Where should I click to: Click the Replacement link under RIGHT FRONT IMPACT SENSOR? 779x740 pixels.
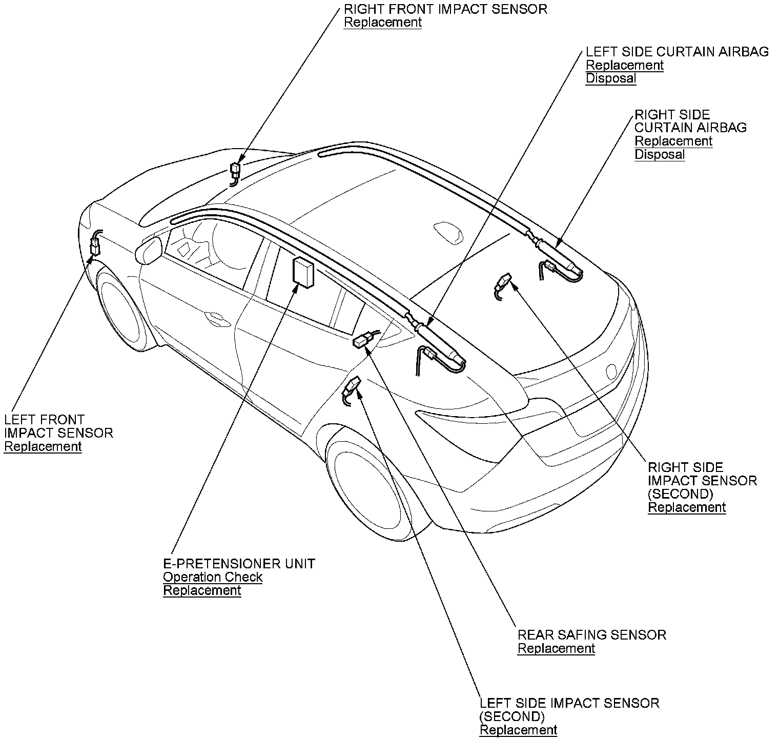point(382,23)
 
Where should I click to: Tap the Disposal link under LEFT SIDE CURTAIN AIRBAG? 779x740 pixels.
point(611,78)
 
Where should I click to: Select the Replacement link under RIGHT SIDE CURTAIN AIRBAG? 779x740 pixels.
point(673,141)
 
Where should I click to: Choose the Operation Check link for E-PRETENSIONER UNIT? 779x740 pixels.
point(213,577)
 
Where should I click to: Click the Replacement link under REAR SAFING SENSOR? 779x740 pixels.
point(556,648)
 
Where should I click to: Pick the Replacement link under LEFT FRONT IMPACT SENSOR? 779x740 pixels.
point(43,446)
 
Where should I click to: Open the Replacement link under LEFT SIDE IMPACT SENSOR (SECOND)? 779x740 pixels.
point(518,730)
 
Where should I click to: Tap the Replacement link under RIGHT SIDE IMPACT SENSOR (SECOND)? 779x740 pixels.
point(687,507)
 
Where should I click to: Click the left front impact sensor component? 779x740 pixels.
point(95,246)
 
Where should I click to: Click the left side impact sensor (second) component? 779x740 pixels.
point(353,386)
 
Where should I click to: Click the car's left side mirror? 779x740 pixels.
point(149,251)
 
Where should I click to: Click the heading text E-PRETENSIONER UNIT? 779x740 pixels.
point(239,564)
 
